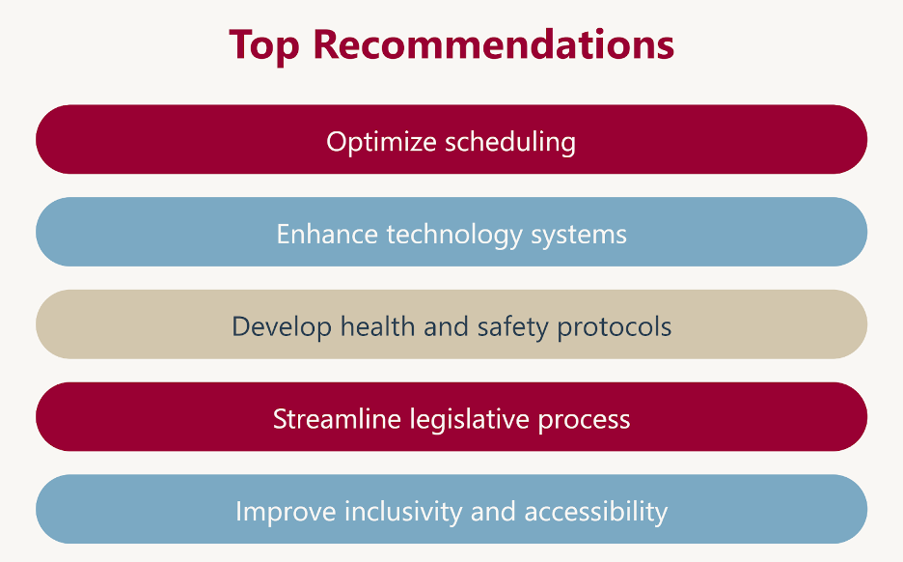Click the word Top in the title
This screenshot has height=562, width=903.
coord(264,45)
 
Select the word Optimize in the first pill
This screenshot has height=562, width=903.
coord(381,142)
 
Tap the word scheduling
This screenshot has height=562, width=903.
coord(510,142)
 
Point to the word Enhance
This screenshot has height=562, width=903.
coord(327,234)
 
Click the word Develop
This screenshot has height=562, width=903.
coord(282,327)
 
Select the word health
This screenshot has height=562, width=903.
coord(378,326)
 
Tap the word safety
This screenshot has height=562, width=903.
coord(512,327)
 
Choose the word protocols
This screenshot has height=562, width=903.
coord(615,327)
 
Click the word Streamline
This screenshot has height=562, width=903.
coord(337,419)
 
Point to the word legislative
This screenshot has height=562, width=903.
coord(470,420)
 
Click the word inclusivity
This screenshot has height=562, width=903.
coord(403,512)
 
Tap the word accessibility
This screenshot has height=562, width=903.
coord(596,512)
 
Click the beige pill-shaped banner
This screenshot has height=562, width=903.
coord(451,324)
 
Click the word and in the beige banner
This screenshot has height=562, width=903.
coord(447,326)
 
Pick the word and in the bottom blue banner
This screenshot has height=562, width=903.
coord(493,511)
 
